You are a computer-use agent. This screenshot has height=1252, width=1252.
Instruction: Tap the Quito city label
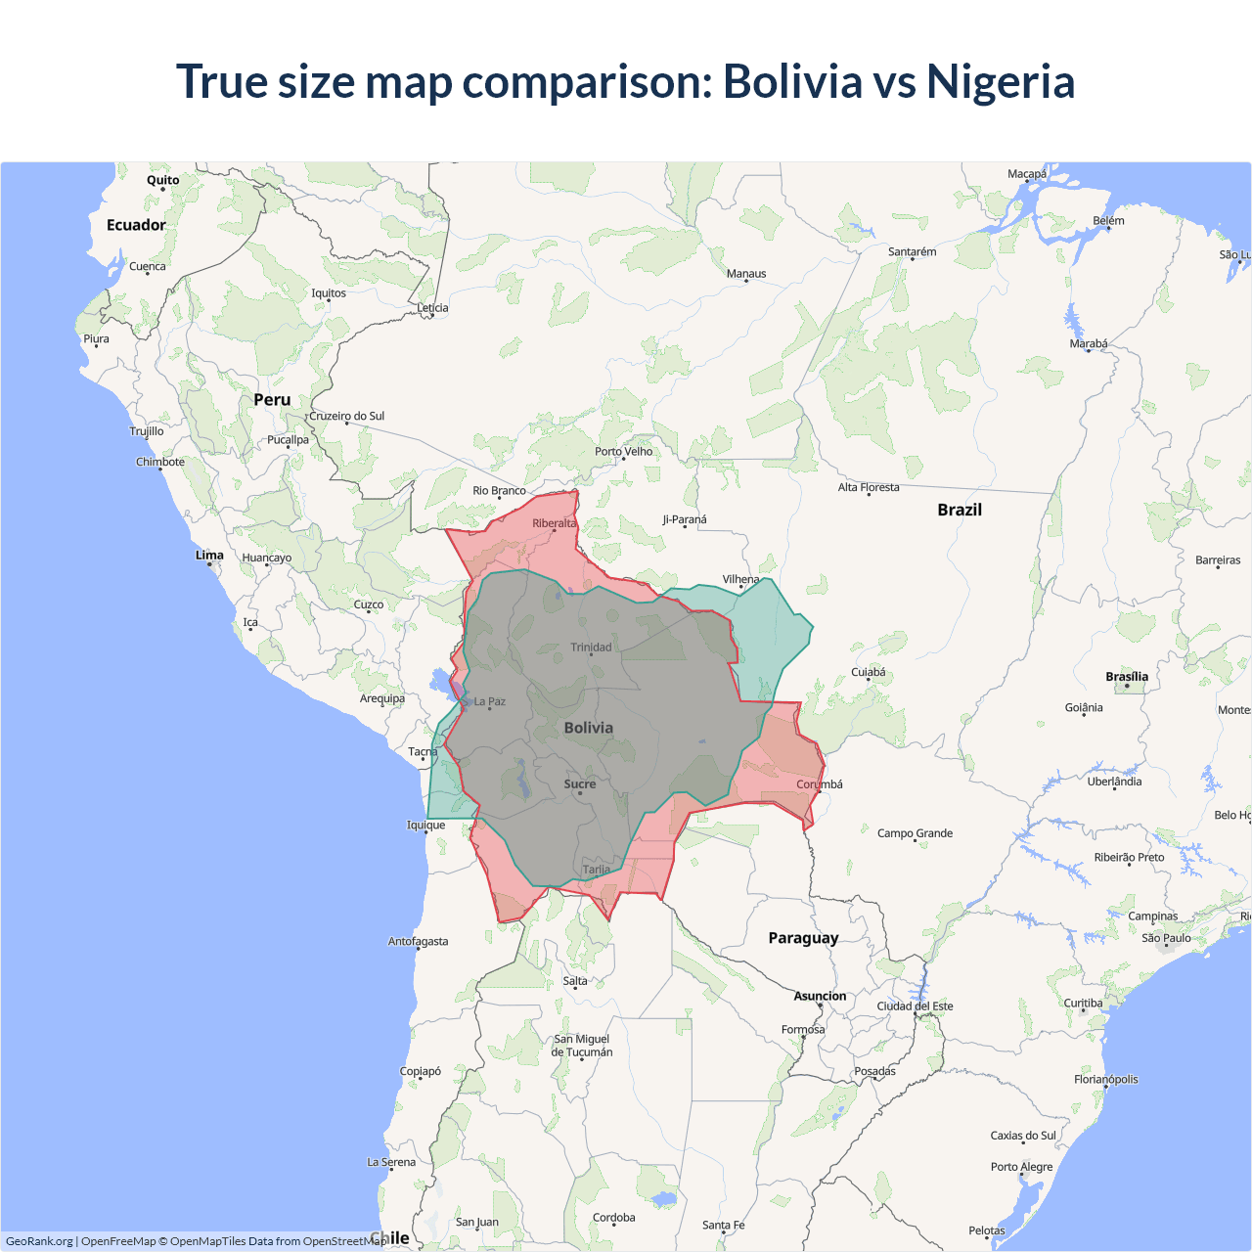pyautogui.click(x=163, y=180)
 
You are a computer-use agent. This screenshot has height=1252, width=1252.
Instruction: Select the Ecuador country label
pyautogui.click(x=136, y=225)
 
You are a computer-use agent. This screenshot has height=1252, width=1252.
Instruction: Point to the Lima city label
pyautogui.click(x=209, y=555)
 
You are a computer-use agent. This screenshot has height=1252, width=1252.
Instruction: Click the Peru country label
pyautogui.click(x=272, y=400)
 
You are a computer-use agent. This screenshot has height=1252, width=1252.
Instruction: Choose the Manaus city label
pyautogui.click(x=746, y=274)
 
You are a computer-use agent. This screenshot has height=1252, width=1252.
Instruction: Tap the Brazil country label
pyautogui.click(x=959, y=510)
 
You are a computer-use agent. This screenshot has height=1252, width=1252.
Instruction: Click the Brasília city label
pyautogui.click(x=1127, y=677)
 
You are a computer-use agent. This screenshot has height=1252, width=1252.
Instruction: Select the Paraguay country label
pyautogui.click(x=803, y=938)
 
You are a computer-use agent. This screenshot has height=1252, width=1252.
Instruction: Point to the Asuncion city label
pyautogui.click(x=820, y=996)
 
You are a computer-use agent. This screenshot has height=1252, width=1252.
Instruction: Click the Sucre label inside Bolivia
pyautogui.click(x=580, y=784)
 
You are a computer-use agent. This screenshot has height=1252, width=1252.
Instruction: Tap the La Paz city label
pyautogui.click(x=490, y=701)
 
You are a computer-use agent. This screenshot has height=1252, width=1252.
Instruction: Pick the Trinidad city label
pyautogui.click(x=591, y=647)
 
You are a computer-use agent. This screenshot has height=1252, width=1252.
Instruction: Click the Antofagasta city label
pyautogui.click(x=418, y=941)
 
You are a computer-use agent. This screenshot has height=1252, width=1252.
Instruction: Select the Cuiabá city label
pyautogui.click(x=868, y=672)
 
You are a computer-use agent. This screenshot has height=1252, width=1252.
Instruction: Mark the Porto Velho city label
pyautogui.click(x=623, y=451)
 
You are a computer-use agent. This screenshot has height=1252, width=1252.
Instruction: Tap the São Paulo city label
pyautogui.click(x=1166, y=938)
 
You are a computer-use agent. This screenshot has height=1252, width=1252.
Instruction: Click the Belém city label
pyautogui.click(x=1108, y=220)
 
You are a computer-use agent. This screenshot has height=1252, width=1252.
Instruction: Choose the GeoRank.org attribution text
pyautogui.click(x=39, y=1241)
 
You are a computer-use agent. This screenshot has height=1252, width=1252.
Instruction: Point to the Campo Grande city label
pyautogui.click(x=915, y=833)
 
